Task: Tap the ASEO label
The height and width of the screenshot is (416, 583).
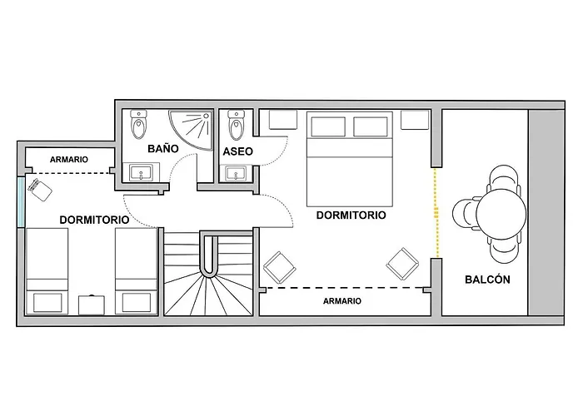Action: pyautogui.click(x=238, y=151)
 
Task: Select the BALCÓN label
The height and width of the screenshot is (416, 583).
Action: pyautogui.click(x=487, y=280)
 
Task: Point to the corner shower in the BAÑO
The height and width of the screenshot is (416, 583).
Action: pyautogui.click(x=193, y=126)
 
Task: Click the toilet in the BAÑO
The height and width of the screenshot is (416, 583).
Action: pyautogui.click(x=140, y=126)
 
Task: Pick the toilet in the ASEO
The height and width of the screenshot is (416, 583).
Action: pyautogui.click(x=237, y=125)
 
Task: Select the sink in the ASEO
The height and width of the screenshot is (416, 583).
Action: pyautogui.click(x=237, y=174)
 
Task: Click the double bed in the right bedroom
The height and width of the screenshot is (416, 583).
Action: pyautogui.click(x=350, y=157)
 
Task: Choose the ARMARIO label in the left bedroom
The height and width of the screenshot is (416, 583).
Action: pyautogui.click(x=68, y=160)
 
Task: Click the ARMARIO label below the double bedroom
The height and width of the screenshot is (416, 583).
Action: pyautogui.click(x=341, y=301)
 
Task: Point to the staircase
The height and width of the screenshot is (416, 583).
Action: pyautogui.click(x=208, y=275)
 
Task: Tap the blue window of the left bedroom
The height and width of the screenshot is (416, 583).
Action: pyautogui.click(x=21, y=201)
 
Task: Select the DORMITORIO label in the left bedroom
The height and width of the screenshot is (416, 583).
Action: pyautogui.click(x=93, y=220)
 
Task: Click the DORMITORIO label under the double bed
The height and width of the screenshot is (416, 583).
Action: pyautogui.click(x=351, y=215)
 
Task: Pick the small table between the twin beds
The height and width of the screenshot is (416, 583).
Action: pyautogui.click(x=91, y=304)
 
